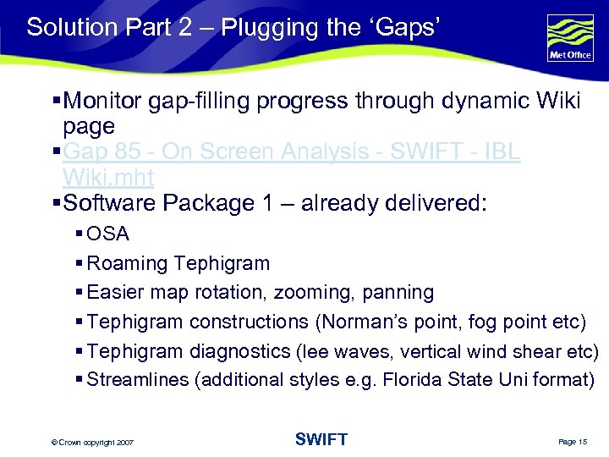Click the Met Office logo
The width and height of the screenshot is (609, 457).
(570, 39)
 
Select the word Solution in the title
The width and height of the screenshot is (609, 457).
(69, 27)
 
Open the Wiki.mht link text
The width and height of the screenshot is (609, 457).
(107, 178)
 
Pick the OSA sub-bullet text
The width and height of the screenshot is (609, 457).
(107, 234)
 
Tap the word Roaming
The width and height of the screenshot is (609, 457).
(128, 263)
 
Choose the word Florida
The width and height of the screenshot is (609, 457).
(414, 380)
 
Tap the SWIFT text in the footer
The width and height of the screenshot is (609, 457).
(321, 438)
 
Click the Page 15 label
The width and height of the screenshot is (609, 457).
(572, 441)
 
